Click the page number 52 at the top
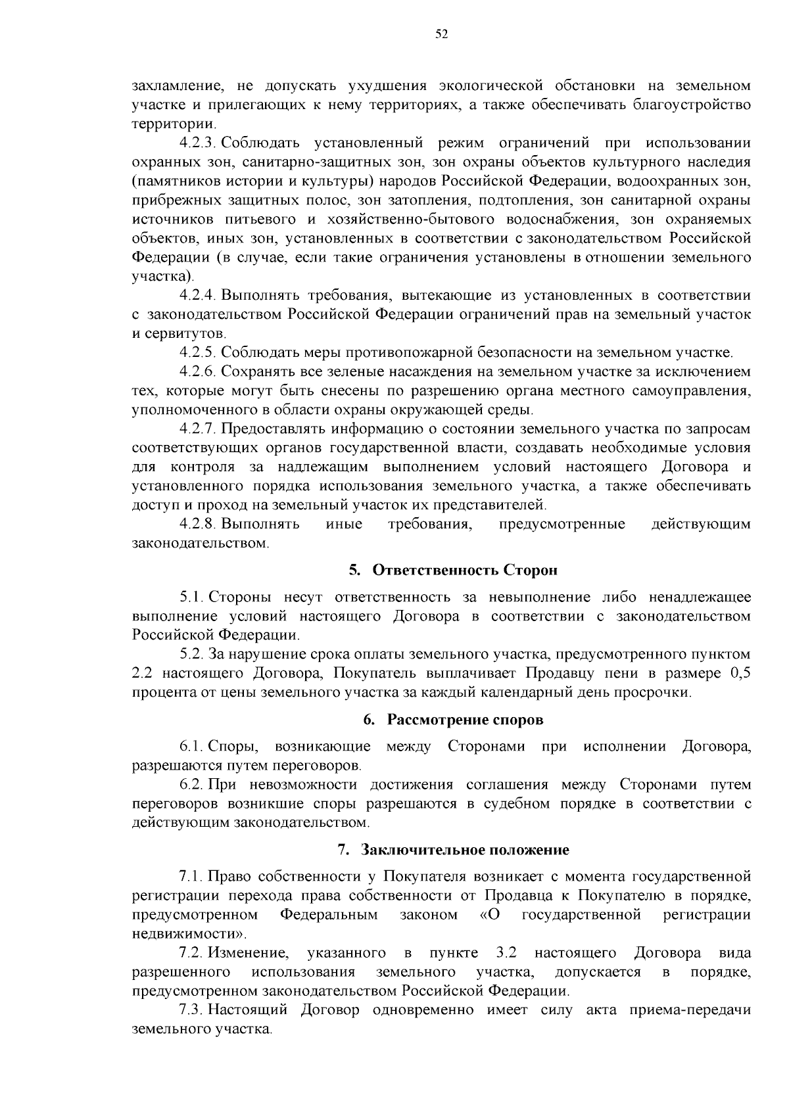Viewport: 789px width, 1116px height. click(441, 35)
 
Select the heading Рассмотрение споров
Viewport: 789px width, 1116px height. click(465, 719)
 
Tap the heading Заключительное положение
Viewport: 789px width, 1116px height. click(465, 849)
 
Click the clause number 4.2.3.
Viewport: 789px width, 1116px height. click(199, 143)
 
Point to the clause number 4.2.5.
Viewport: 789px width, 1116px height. click(199, 352)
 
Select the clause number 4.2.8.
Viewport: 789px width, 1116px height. click(199, 524)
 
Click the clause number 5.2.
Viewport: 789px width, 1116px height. click(193, 654)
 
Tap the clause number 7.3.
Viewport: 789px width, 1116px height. click(193, 1010)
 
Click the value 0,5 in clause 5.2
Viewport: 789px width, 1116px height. click(740, 673)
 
